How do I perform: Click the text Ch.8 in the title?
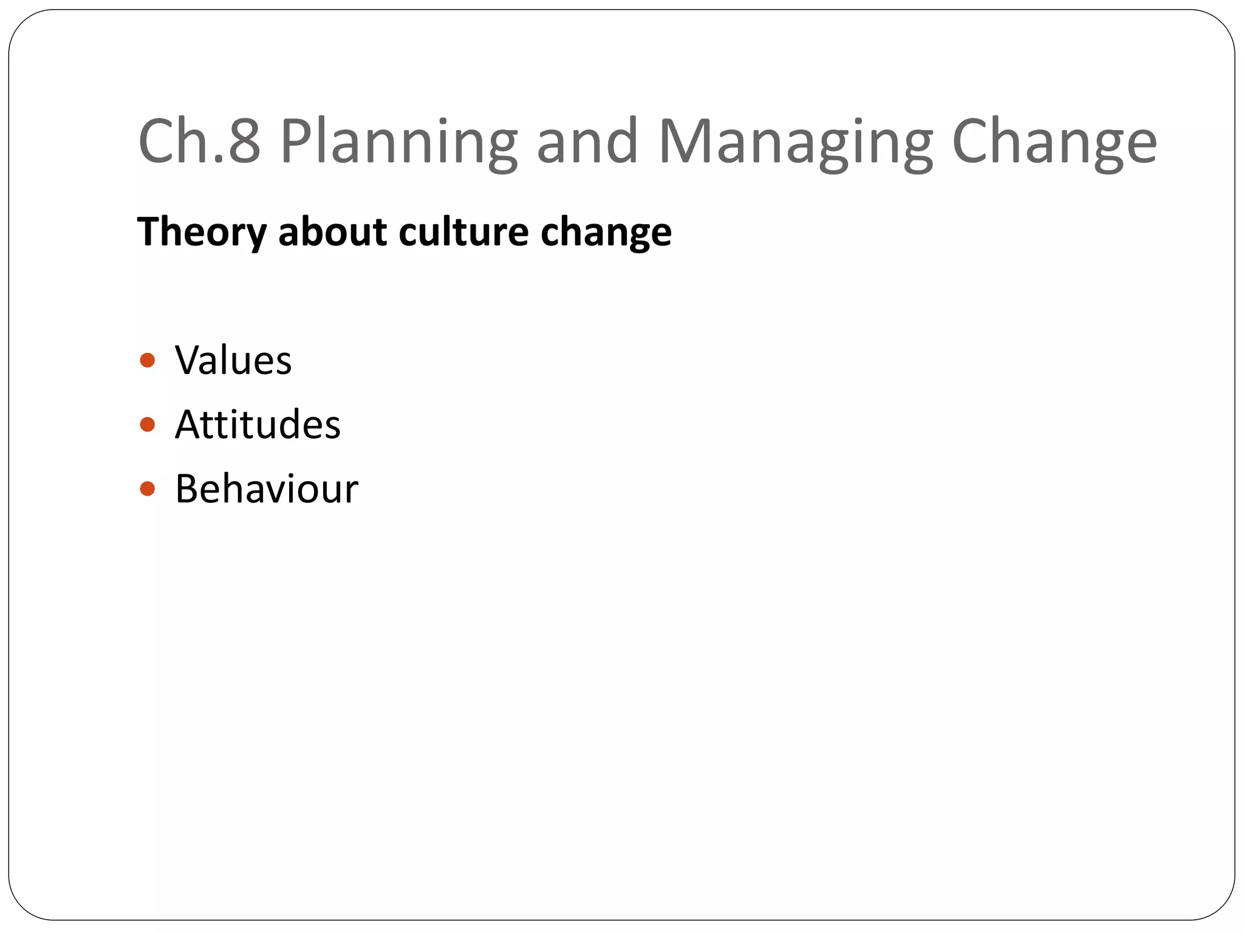[199, 142]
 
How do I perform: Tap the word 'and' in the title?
[587, 142]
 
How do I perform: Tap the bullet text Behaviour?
[267, 488]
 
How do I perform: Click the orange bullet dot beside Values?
[147, 361]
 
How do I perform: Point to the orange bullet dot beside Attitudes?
[147, 424]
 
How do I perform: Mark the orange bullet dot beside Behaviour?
[147, 488]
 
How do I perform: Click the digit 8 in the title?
[244, 142]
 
